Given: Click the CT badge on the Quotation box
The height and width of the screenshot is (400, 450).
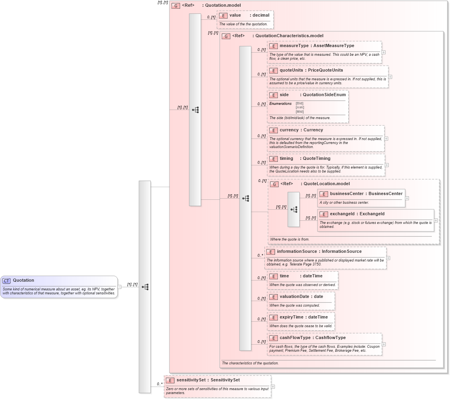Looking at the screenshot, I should [x=6, y=281].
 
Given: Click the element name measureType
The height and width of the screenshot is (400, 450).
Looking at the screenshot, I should [x=294, y=46].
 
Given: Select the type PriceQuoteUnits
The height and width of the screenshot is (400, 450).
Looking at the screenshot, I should [x=325, y=70].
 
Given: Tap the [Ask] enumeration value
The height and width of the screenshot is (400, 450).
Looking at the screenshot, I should [x=300, y=108].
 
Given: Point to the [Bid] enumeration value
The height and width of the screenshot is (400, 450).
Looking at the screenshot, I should [x=300, y=103].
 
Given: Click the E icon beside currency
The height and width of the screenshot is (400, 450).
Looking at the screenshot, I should [x=273, y=130].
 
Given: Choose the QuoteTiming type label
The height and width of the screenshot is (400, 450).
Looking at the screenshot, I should [x=316, y=159].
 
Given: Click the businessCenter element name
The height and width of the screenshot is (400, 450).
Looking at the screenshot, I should [x=346, y=194].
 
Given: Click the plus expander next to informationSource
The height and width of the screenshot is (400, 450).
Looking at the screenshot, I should [x=388, y=258].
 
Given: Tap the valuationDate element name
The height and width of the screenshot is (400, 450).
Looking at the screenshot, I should [x=294, y=297].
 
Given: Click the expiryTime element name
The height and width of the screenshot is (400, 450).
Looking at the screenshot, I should [x=291, y=317].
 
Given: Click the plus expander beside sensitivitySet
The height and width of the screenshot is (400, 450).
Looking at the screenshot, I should [x=273, y=387].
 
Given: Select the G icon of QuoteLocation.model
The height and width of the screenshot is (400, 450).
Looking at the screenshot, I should [x=274, y=184].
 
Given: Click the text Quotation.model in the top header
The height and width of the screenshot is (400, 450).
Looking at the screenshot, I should [x=222, y=6].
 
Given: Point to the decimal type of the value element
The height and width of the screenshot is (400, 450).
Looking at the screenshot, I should [x=261, y=15].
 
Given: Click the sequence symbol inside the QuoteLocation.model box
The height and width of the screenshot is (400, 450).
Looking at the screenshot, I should [x=294, y=209].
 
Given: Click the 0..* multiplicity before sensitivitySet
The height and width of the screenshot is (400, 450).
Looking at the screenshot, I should [x=160, y=384].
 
